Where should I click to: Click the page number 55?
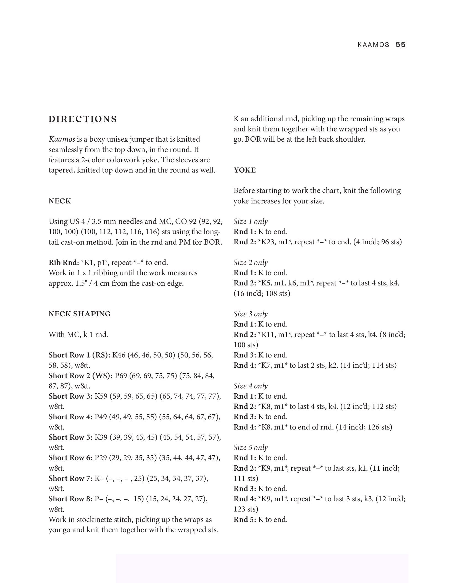400,45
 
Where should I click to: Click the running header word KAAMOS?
373,45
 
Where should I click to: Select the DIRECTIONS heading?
83,119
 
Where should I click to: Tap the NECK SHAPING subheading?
80,314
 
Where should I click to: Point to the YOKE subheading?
245,170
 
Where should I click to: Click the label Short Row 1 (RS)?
79,355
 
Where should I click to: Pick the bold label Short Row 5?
70,437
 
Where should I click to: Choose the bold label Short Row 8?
70,499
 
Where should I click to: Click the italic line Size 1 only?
251,222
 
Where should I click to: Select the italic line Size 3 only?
251,314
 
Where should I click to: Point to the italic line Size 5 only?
251,447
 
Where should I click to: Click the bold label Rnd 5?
245,520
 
